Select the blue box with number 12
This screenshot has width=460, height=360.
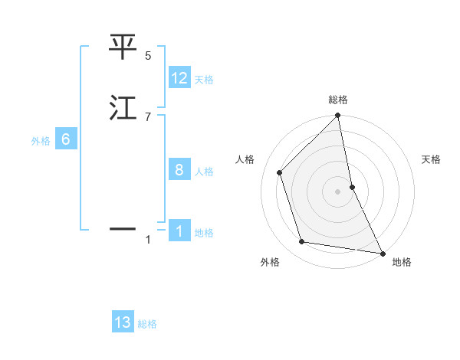[179, 78]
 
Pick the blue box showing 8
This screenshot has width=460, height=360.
[179, 171]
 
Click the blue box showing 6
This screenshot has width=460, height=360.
[66, 139]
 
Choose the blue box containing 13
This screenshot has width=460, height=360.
[123, 322]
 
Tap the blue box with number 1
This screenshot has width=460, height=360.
[179, 231]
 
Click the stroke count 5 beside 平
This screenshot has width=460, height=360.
[148, 56]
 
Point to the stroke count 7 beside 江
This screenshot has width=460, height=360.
[148, 116]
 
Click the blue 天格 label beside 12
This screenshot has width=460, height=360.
[204, 80]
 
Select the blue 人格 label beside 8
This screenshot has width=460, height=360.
[204, 172]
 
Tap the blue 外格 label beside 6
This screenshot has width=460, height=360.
[41, 141]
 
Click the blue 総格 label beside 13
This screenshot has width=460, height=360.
[147, 324]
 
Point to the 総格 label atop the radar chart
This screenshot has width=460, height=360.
[338, 100]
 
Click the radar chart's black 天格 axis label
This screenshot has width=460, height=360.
[432, 159]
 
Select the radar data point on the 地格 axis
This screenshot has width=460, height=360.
[382, 253]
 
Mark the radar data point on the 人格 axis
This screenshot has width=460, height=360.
[280, 172]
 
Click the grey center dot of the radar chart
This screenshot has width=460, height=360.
[338, 191]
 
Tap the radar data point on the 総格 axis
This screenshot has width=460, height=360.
[338, 116]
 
